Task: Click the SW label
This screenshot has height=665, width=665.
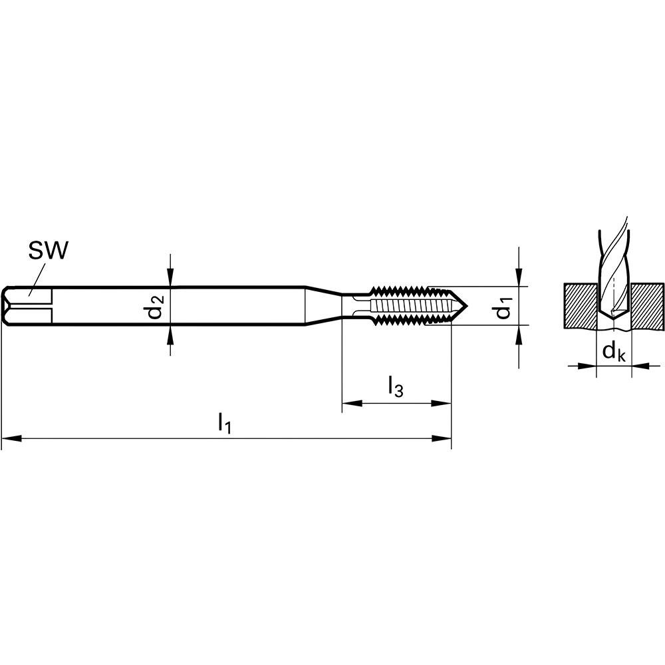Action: (48, 251)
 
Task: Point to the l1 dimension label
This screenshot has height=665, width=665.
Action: (224, 423)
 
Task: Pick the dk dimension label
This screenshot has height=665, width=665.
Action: (613, 352)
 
